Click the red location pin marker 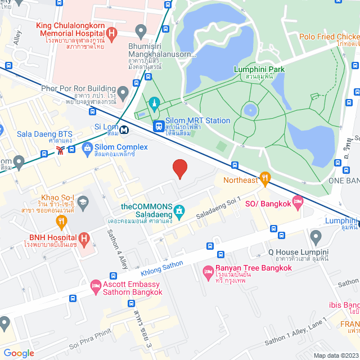coord(179,168)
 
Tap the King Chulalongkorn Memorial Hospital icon coord(111,34)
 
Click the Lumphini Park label coord(259,69)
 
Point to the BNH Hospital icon coord(84,238)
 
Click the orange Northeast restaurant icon coord(265,177)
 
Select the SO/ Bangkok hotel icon coord(298,201)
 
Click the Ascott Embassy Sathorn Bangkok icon coord(96,287)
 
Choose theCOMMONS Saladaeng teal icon coord(179,211)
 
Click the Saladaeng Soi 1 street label coord(218,208)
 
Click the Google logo coord(19,353)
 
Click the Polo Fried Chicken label coord(329,37)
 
